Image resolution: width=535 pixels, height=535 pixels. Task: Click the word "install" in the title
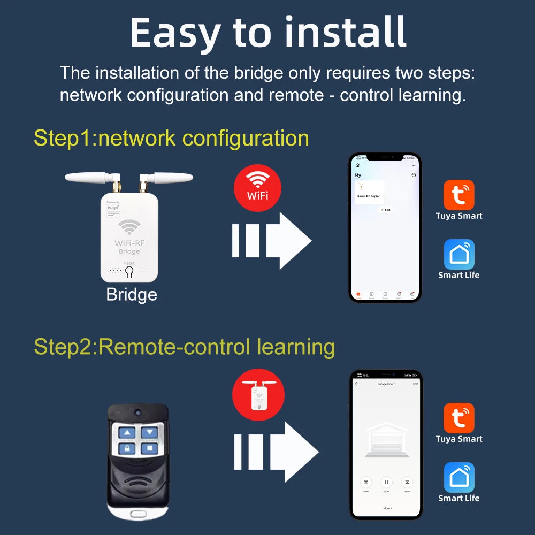[x=346, y=33]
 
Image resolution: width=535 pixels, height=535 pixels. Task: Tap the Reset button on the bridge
[x=129, y=272]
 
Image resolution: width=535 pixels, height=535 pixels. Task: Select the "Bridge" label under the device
[x=132, y=295]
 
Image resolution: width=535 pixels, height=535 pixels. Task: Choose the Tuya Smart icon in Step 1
[x=459, y=195]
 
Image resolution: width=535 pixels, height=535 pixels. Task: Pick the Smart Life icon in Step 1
[x=459, y=254]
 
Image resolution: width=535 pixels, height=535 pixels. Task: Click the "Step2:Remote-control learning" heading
[x=184, y=347]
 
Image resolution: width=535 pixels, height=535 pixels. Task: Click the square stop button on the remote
[x=150, y=448]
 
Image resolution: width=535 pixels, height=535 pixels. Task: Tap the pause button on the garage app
[x=387, y=482]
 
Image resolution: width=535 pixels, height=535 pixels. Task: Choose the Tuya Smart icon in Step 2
[x=459, y=418]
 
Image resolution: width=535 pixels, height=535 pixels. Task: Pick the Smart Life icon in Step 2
[x=459, y=477]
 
